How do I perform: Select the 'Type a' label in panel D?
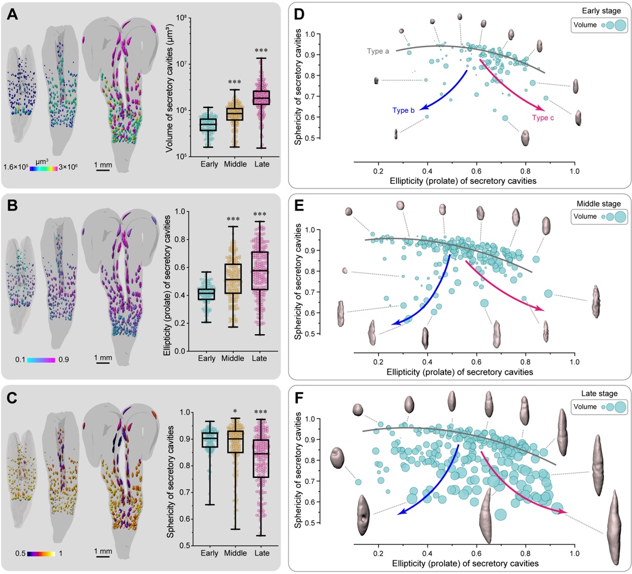pos(378,52)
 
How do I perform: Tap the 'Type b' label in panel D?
pos(403,110)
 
